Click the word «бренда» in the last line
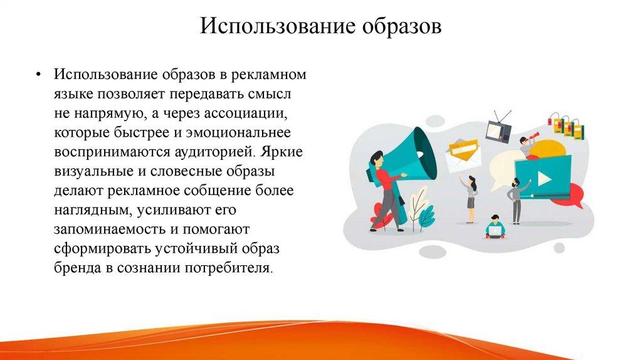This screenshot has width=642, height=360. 75,268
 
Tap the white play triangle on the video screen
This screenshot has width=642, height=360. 544,178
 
